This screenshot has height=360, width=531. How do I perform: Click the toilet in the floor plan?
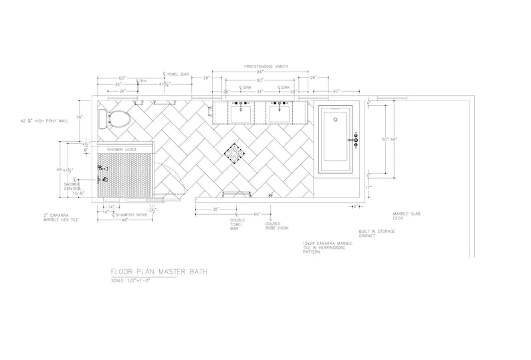point(114,120)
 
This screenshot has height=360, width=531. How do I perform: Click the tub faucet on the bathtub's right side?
point(356,141)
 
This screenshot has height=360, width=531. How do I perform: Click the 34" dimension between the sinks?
point(260,91)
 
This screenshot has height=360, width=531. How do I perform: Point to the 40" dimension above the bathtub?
point(336,91)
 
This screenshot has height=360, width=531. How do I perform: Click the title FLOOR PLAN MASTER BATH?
point(159,272)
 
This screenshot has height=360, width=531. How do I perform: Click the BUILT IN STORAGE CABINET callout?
point(377,233)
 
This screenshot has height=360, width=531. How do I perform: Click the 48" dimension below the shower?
point(125,221)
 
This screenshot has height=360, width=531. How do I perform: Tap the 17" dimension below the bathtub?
point(368,187)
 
